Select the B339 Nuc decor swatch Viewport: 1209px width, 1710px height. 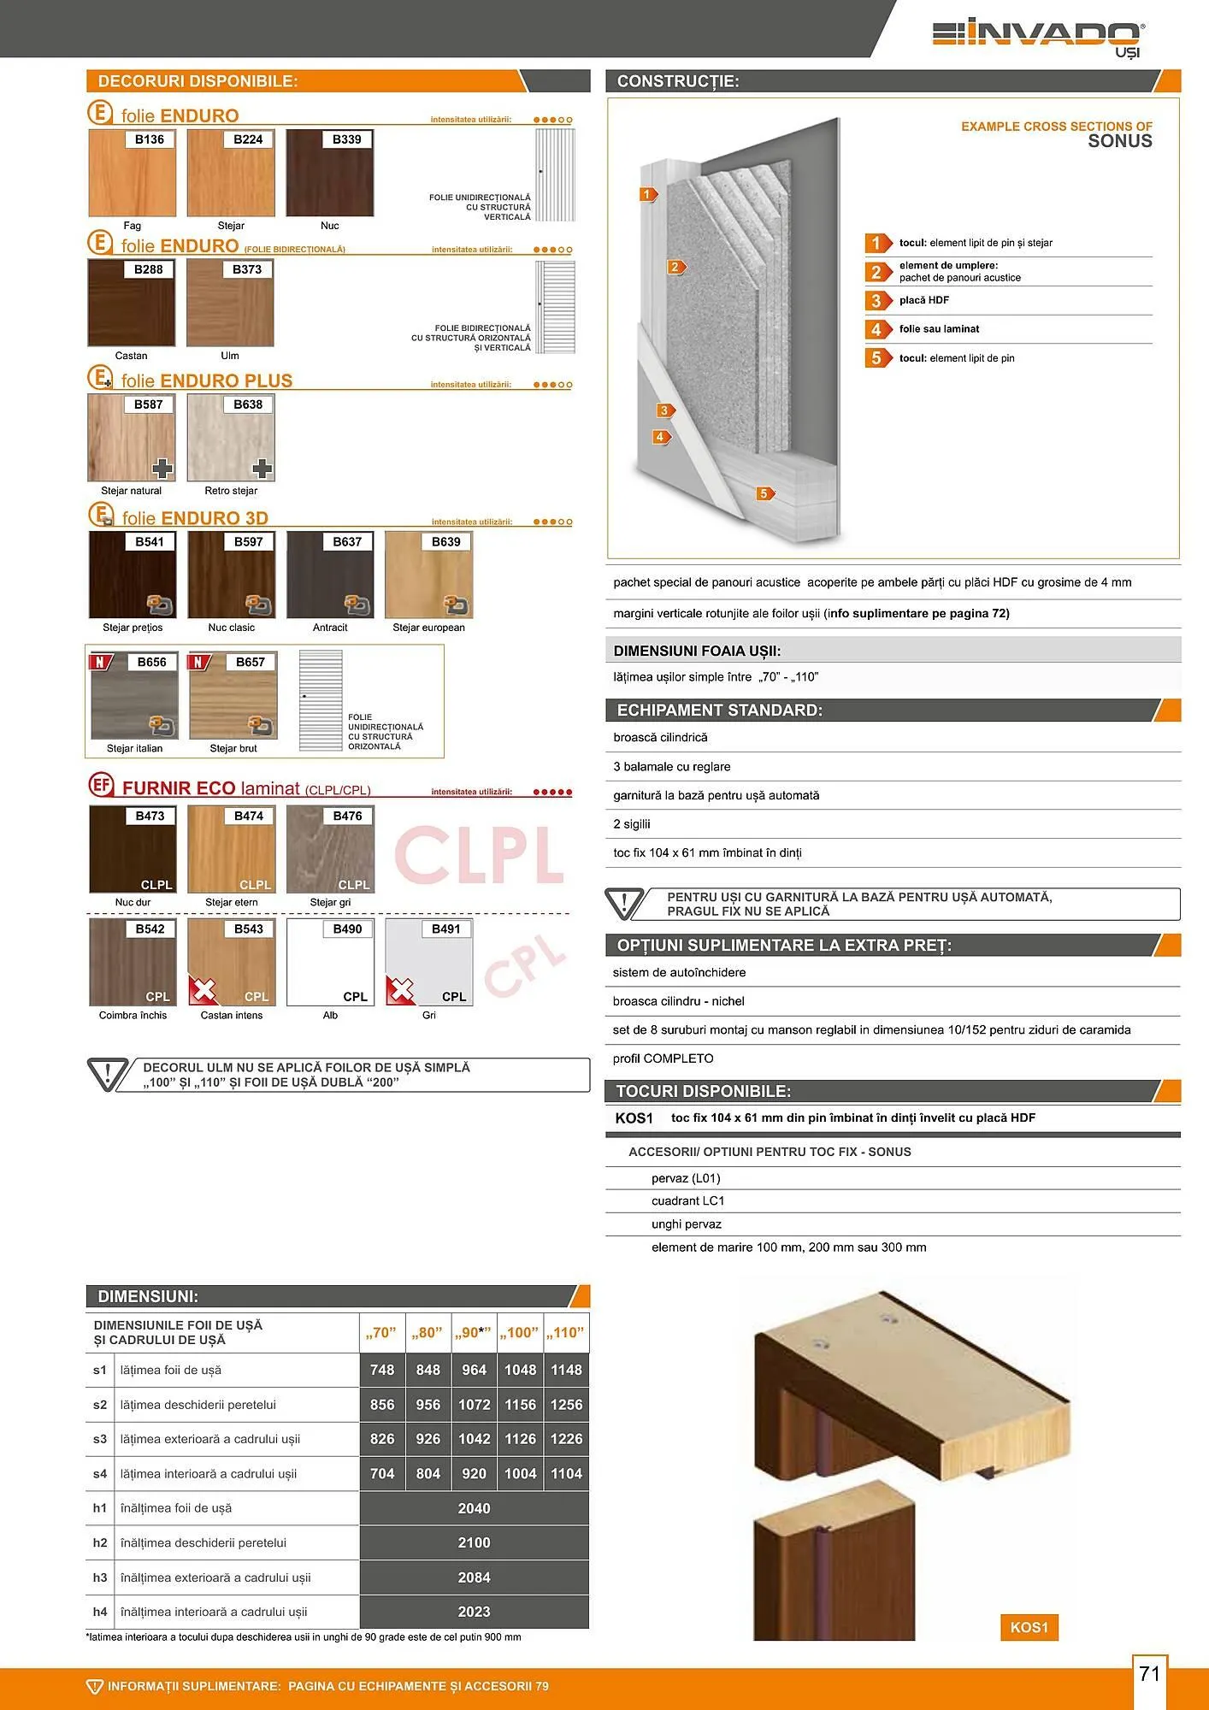(329, 174)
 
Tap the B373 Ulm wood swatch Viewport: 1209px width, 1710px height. (230, 303)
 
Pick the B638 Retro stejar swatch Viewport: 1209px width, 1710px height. (231, 438)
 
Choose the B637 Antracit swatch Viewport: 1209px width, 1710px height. (330, 575)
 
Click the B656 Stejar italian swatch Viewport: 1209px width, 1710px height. (134, 696)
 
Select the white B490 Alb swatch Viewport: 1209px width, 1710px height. (330, 962)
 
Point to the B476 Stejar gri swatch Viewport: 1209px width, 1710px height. (330, 849)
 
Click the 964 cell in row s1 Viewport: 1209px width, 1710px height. (474, 1370)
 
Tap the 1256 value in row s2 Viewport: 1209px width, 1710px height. (566, 1405)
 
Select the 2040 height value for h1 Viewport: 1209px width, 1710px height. (474, 1508)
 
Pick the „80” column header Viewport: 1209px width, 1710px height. (428, 1333)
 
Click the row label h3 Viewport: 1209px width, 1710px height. (100, 1577)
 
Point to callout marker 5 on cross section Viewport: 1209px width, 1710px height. (764, 493)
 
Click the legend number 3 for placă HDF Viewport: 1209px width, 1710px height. (876, 301)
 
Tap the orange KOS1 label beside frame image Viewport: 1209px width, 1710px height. (1029, 1627)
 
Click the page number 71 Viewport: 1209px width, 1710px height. (1150, 1673)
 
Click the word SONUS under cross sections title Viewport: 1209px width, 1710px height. (1119, 142)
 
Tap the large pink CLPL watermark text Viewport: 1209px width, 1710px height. (479, 855)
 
